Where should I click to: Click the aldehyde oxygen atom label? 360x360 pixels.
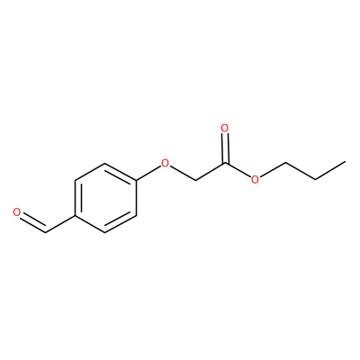(x=17, y=212)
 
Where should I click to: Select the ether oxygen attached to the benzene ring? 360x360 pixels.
(x=165, y=163)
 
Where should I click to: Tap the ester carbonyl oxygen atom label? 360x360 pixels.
(x=225, y=129)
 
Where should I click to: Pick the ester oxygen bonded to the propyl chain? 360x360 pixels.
(x=255, y=180)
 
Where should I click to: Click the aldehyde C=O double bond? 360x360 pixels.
(x=33, y=222)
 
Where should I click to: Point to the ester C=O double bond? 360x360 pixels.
(x=225, y=148)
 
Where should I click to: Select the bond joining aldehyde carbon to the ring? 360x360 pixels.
(x=60, y=223)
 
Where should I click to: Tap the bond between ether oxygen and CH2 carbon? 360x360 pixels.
(x=182, y=173)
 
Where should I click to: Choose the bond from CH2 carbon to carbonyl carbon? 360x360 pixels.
(x=210, y=172)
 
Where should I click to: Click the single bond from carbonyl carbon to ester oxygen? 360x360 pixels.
(x=238, y=171)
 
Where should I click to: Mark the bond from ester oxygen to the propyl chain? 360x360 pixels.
(x=272, y=170)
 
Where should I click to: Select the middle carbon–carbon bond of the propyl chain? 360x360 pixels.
(x=300, y=172)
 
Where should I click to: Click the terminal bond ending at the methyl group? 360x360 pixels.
(x=330, y=171)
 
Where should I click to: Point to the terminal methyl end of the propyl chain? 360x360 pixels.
(x=345, y=162)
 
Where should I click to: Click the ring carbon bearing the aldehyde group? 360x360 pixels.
(x=75, y=215)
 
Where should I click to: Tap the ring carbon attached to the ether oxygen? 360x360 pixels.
(x=136, y=181)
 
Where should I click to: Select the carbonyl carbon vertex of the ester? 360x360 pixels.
(x=225, y=163)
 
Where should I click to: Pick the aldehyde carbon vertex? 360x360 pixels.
(x=46, y=232)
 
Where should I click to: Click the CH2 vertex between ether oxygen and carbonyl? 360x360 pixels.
(x=195, y=181)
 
